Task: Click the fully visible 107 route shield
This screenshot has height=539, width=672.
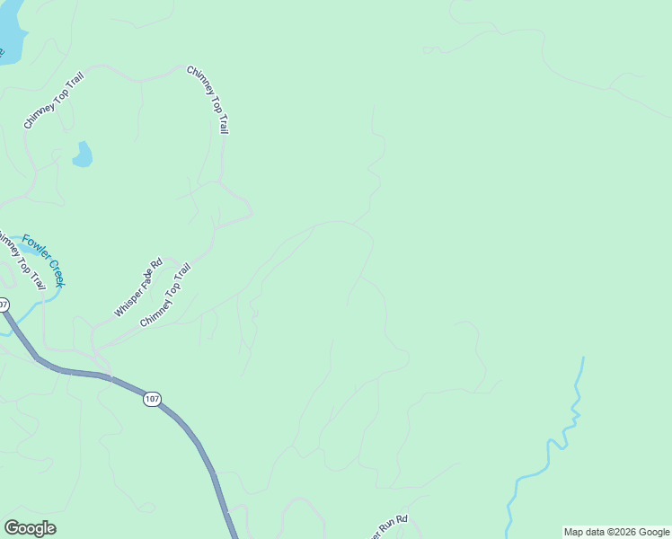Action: click(152, 398)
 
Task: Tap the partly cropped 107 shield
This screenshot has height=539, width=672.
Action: click(3, 305)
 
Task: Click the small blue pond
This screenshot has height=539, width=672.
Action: click(83, 155)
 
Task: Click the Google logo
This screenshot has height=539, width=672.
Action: click(30, 528)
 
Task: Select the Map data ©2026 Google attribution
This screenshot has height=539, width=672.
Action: click(616, 532)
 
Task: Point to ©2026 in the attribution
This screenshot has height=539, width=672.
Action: click(619, 532)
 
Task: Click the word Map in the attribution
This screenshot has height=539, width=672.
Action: click(573, 532)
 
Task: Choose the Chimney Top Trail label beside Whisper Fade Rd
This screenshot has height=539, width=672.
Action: click(165, 295)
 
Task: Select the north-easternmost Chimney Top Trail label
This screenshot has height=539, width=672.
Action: click(208, 100)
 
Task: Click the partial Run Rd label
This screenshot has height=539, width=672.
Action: click(390, 523)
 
